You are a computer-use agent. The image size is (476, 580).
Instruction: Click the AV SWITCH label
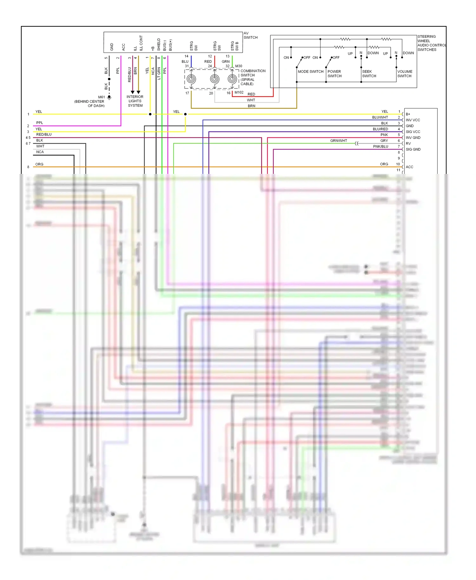250,35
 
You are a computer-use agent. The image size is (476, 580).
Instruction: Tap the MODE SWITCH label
310,72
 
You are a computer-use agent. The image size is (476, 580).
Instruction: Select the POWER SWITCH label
334,74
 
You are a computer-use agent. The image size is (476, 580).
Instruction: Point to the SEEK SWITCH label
369,74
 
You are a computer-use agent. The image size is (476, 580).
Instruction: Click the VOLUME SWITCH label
405,74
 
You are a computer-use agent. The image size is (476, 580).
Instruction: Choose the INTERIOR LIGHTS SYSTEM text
135,101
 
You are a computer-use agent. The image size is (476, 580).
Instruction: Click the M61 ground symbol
109,97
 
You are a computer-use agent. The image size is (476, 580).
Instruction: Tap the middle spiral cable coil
215,79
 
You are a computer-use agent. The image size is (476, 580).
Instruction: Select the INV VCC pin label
413,120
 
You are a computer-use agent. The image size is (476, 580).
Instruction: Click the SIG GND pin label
413,149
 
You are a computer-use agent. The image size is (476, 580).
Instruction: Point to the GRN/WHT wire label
338,141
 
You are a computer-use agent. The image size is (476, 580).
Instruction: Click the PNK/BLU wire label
380,147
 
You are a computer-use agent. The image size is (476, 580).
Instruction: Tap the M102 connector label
239,93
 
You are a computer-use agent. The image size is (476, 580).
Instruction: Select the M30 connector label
239,66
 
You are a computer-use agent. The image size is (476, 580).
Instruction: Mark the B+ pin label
408,114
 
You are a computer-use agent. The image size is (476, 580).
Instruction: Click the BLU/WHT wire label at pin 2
380,117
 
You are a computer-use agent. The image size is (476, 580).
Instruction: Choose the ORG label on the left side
39,164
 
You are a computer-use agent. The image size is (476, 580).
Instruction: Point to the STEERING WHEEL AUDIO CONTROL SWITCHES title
431,43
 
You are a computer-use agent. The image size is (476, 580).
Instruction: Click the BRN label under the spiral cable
251,106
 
